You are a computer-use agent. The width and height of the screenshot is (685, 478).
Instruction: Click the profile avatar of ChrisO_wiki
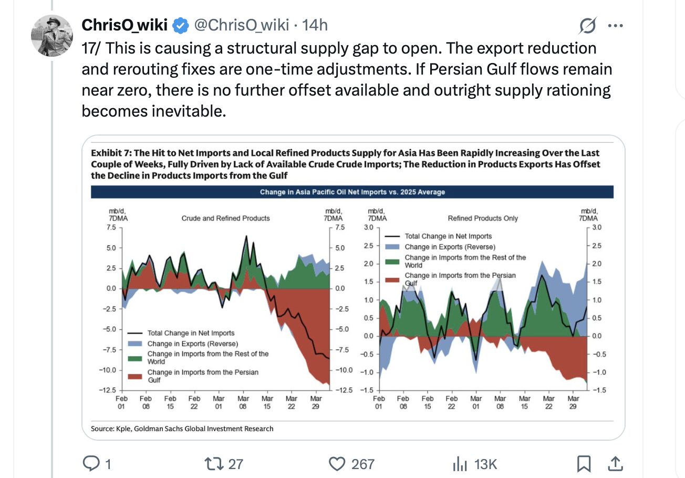point(51,36)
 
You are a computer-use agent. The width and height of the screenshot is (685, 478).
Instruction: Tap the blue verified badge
point(181,25)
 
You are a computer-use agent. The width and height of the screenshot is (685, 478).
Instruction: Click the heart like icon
point(336,463)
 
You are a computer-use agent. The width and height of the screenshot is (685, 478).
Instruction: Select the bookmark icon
point(583,463)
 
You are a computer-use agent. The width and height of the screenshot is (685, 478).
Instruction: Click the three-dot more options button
point(615,25)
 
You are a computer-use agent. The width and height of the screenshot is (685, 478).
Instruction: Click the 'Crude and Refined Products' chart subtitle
point(225,218)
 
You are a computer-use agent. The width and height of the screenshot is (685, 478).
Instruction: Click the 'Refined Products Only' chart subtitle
point(483,218)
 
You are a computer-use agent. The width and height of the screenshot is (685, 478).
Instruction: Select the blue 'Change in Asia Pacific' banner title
point(352,192)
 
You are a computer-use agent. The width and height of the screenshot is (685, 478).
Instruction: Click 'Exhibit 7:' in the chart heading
point(111,153)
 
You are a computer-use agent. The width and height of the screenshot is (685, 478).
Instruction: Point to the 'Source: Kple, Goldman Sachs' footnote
point(182,429)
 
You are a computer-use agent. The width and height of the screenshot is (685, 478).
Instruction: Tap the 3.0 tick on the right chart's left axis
point(368,227)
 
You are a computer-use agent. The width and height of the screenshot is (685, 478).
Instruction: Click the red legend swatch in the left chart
point(136,376)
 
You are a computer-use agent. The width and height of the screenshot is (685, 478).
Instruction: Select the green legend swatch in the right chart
point(393,261)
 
